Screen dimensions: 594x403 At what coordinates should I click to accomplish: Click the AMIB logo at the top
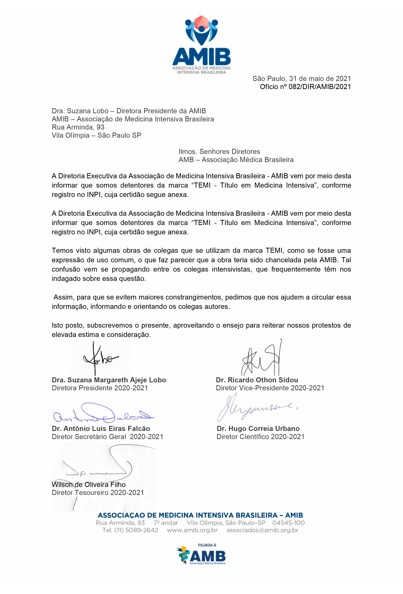pos(201,45)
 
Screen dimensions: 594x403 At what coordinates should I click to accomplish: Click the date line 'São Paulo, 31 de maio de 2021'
pos(302,78)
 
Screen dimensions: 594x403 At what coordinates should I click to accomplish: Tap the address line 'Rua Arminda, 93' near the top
pos(78,127)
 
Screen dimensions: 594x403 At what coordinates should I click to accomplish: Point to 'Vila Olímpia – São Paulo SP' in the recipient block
pos(96,135)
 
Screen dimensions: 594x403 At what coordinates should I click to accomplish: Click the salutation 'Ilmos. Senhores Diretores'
pos(219,152)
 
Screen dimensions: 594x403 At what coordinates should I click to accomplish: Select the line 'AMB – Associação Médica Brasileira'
pos(236,160)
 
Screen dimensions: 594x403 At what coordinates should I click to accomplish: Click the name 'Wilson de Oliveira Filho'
pos(88,485)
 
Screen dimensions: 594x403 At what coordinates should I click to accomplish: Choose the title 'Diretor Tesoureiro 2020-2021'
pos(98,493)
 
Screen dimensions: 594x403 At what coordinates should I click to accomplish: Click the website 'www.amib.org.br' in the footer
pos(192,530)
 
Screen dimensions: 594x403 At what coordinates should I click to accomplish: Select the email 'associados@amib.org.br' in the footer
pos(262,530)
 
